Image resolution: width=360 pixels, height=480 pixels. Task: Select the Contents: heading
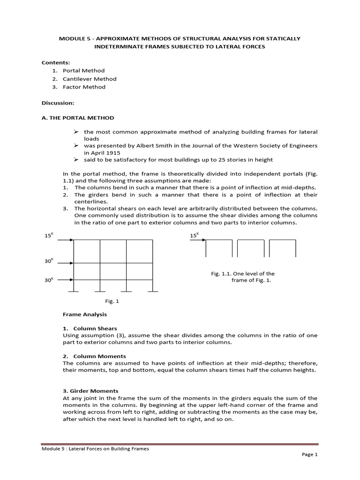[x=55, y=62]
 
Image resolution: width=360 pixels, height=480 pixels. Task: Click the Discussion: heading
[x=58, y=102]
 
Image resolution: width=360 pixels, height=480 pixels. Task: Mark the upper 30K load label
[x=50, y=259]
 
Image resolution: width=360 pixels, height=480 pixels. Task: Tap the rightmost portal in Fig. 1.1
[x=282, y=248]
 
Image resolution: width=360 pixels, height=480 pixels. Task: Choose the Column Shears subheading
[x=96, y=329]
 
